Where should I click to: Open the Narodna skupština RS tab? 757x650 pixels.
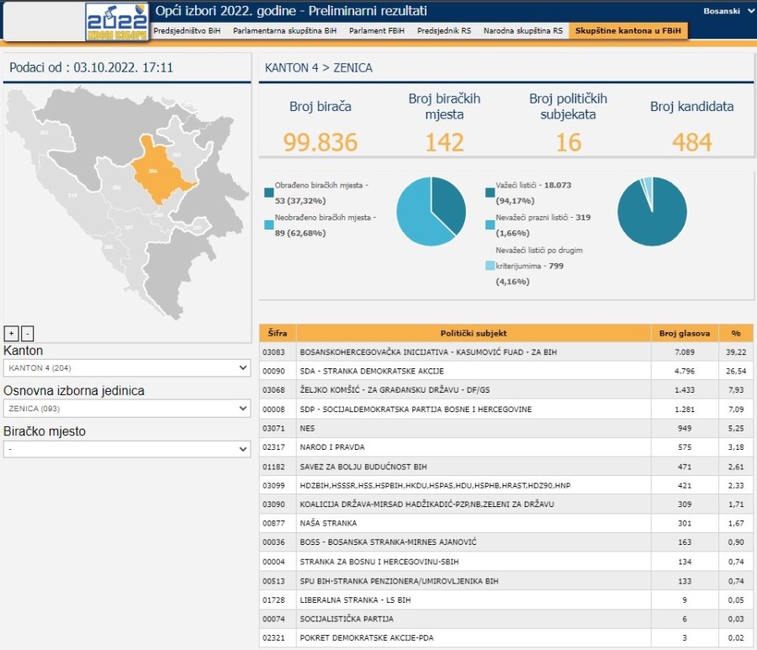pos(523,30)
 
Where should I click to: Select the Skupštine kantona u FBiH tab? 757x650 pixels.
pos(627,30)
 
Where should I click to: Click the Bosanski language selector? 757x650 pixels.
pos(728,12)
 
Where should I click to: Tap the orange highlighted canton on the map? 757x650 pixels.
pos(161,171)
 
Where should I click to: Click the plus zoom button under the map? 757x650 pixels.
pos(11,333)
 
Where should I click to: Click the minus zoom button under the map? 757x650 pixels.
pos(27,333)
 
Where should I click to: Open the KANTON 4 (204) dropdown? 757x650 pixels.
pos(126,367)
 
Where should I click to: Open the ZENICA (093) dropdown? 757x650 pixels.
pos(126,408)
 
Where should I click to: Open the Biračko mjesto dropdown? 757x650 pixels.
pos(126,449)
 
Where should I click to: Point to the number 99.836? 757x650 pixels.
pos(320,142)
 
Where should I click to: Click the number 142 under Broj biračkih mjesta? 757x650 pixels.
pos(444,142)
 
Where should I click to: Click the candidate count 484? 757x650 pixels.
pos(691,142)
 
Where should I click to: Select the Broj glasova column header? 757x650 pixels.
pos(685,333)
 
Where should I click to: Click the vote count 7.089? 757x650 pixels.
pos(685,352)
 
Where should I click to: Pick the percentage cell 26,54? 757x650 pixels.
pos(736,371)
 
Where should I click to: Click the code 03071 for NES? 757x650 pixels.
pos(274,428)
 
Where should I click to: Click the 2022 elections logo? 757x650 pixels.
pos(117,21)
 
